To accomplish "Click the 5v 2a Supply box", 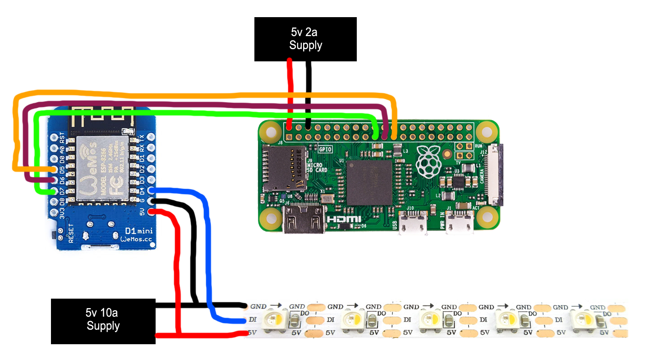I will [305, 39].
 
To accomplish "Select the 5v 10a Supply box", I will [103, 321].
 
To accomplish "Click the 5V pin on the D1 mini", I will [151, 211].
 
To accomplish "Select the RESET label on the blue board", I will [70, 234].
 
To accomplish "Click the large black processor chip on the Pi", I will [369, 183].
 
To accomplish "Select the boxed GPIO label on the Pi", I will [325, 148].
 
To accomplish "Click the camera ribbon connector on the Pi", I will [496, 175].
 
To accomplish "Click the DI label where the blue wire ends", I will [253, 320].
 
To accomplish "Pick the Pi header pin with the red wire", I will [289, 128].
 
